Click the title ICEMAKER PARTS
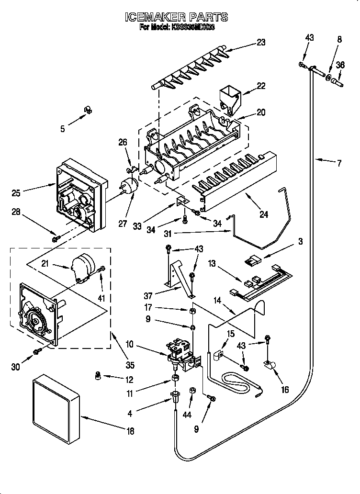tap(177, 17)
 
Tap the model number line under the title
tap(177, 28)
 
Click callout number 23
tap(260, 42)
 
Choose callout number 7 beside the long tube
tap(339, 163)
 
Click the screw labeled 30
tap(36, 353)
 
